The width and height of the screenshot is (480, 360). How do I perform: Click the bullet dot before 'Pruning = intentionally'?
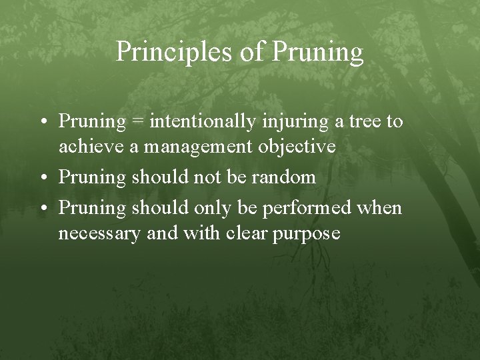pos(43,123)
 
